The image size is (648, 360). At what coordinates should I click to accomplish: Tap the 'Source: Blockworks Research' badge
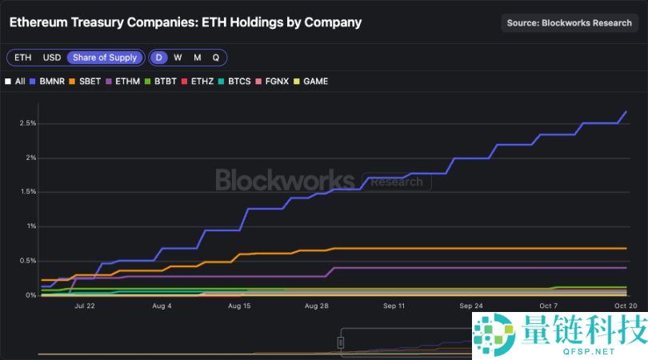[569, 22]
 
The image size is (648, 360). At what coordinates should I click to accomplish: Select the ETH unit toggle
[22, 58]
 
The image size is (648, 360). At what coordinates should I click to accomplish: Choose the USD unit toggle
[51, 58]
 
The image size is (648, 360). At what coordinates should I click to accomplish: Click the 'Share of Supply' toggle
[105, 58]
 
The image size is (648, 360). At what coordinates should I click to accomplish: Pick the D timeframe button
[159, 58]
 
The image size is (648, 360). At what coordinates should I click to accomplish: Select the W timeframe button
[178, 58]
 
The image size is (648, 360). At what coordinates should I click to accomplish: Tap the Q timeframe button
[215, 58]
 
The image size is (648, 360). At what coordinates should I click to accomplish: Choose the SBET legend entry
[85, 81]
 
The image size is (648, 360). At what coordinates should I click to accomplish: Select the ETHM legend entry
[123, 81]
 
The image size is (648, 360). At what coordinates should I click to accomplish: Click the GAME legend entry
[312, 81]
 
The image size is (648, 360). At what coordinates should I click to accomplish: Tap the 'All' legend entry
[15, 81]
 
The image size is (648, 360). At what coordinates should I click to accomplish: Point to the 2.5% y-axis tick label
[26, 123]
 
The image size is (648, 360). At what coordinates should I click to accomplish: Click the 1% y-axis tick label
[30, 226]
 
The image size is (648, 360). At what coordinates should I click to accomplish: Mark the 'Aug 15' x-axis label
[239, 306]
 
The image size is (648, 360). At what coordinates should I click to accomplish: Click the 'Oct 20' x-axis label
[626, 306]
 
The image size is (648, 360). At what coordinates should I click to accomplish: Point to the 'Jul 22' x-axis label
[84, 306]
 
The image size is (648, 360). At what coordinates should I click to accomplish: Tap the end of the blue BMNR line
[626, 111]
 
